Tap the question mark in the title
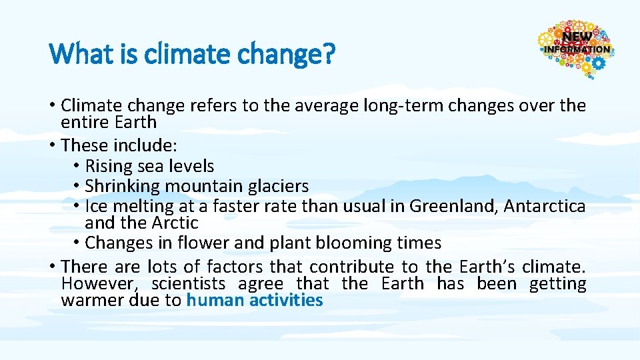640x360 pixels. tap(327, 54)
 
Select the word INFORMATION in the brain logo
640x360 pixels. tap(577, 49)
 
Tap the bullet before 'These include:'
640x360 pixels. tap(53, 145)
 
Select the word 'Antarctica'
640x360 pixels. tap(545, 206)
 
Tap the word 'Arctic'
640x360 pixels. tap(176, 223)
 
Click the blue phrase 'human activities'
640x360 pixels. tap(255, 300)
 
